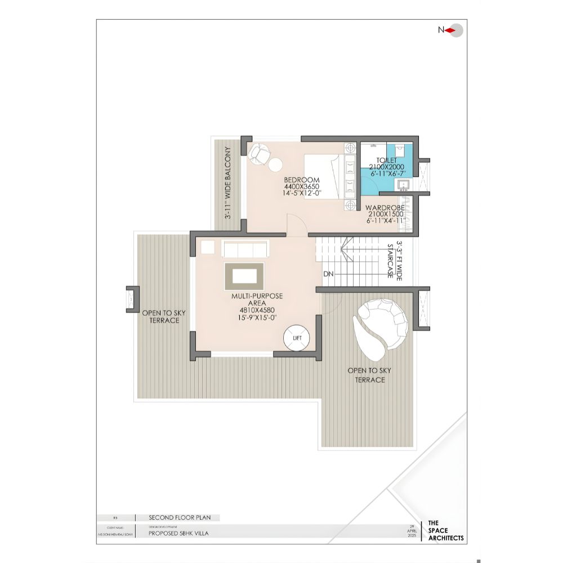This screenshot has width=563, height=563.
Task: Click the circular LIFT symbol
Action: (x=297, y=338)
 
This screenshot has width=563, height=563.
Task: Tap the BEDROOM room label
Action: (x=302, y=180)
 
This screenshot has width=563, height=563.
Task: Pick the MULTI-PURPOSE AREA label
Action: (x=257, y=299)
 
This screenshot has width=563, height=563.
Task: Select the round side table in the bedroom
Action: (x=276, y=164)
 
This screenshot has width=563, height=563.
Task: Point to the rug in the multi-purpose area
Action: (x=244, y=275)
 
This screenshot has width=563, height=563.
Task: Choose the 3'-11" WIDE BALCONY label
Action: (x=228, y=183)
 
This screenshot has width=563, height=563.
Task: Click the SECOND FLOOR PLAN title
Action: (x=174, y=517)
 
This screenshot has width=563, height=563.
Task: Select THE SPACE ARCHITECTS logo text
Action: (x=446, y=530)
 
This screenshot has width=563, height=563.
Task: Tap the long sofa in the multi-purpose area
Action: (x=246, y=248)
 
